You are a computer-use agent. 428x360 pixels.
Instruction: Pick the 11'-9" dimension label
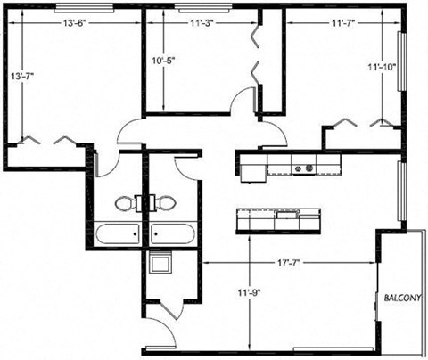246,290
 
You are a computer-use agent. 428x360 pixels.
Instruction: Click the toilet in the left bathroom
123,202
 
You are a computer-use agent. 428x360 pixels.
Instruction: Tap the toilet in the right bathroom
165,202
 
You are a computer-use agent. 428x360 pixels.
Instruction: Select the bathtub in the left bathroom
117,234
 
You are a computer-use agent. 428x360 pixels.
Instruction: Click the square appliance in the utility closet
160,264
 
